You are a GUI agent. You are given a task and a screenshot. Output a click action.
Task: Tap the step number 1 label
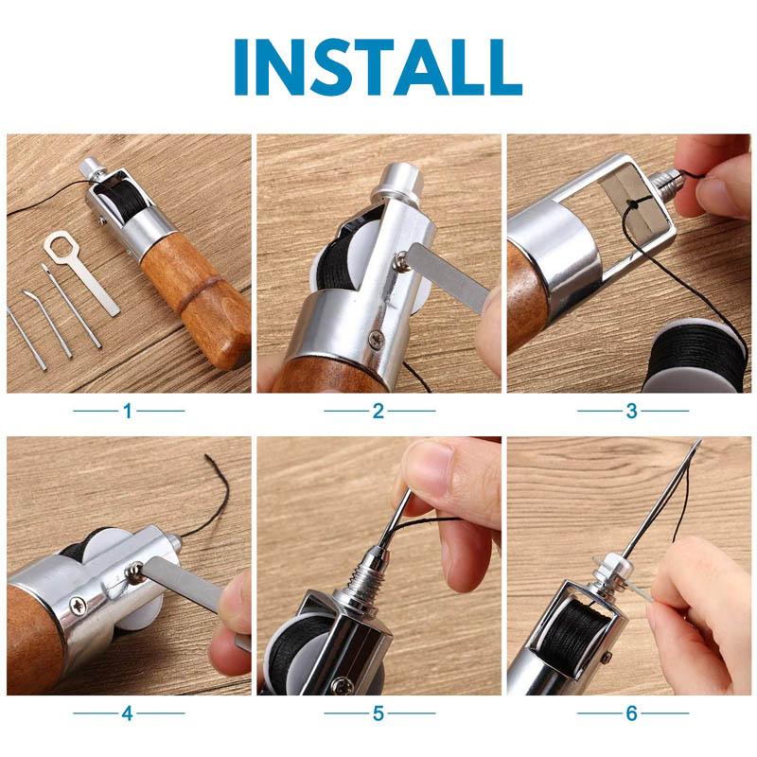tap(128, 411)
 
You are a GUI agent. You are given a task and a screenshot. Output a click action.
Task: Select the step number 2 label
tap(378, 411)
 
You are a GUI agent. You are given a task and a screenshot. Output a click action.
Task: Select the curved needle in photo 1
tap(47, 322)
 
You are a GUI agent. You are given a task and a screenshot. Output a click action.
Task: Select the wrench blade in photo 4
tap(189, 588)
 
